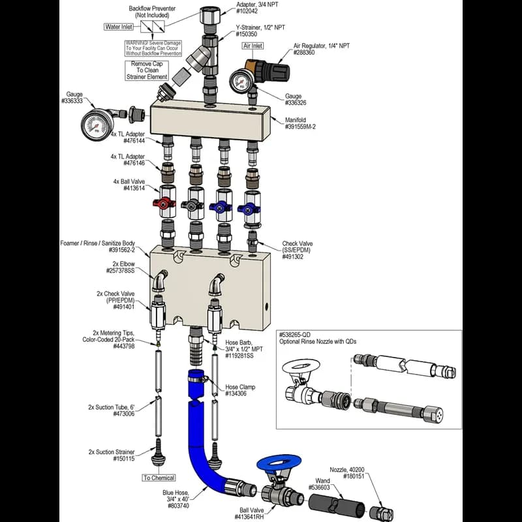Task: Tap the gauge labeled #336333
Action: (x=99, y=124)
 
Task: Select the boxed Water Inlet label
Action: (x=119, y=27)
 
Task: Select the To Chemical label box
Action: (x=159, y=478)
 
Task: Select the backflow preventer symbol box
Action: (x=149, y=28)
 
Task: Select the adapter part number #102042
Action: (x=250, y=11)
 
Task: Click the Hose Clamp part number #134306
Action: (x=240, y=394)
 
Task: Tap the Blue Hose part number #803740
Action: (x=177, y=506)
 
